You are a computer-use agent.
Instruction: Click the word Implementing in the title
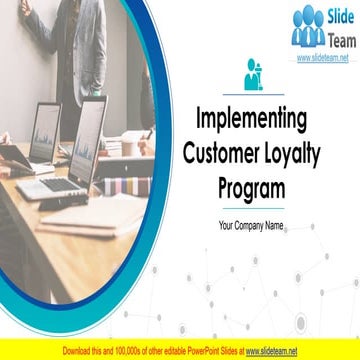click(251, 120)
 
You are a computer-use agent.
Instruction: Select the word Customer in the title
click(220, 154)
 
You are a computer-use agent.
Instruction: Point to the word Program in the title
click(251, 188)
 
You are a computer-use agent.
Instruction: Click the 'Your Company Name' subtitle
click(251, 226)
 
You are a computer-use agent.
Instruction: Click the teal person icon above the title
click(252, 76)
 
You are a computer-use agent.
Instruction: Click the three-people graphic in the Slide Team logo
click(308, 28)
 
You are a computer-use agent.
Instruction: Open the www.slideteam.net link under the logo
click(322, 59)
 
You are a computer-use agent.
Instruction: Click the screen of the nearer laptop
click(86, 136)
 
